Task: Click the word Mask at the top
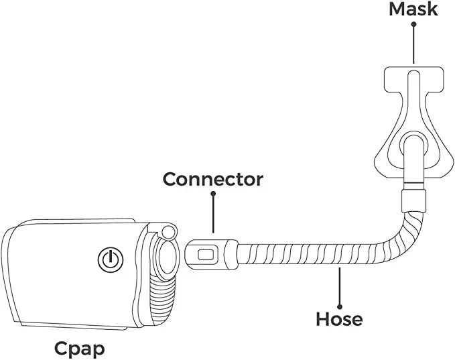click(x=413, y=9)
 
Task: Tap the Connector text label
click(x=213, y=180)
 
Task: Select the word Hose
click(x=339, y=318)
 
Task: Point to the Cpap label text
click(x=80, y=349)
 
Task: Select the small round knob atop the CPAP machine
click(x=167, y=232)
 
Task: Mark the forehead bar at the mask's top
click(x=413, y=78)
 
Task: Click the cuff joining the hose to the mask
click(x=413, y=200)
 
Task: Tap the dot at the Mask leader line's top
click(x=413, y=24)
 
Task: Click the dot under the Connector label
click(x=213, y=194)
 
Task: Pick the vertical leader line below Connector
click(x=213, y=215)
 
